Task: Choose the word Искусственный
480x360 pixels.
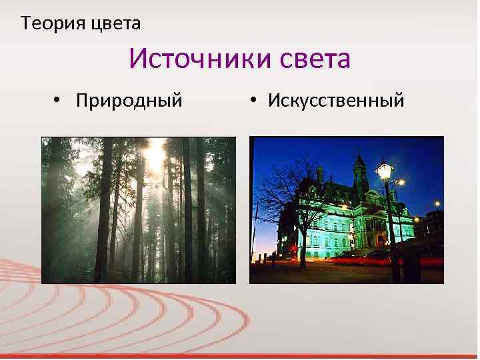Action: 336,101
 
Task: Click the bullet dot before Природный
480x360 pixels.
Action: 58,101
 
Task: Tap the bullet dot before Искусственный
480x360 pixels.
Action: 254,101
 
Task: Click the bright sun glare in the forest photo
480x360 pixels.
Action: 153,155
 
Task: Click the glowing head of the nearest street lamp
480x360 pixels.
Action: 385,171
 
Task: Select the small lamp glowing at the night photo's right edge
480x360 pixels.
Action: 437,204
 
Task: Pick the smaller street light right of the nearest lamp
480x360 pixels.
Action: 401,182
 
